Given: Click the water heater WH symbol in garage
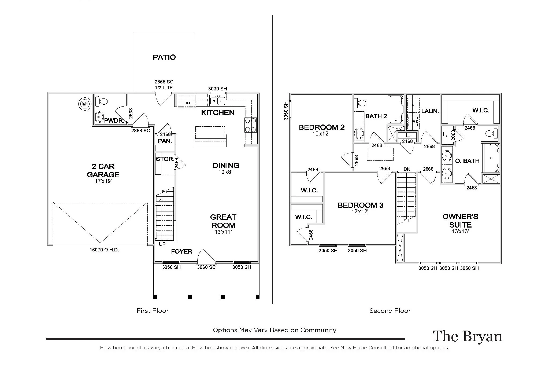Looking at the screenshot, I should pyautogui.click(x=85, y=104).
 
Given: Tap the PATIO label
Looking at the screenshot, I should pyautogui.click(x=164, y=57).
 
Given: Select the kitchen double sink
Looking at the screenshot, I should pyautogui.click(x=217, y=101).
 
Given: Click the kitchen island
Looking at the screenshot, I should pyautogui.click(x=210, y=136).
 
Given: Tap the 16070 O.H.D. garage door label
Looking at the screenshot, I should pyautogui.click(x=104, y=250).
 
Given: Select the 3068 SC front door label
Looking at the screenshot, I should pyautogui.click(x=206, y=267).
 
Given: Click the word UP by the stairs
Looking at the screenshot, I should pyautogui.click(x=162, y=244).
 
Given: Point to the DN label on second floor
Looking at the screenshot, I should pyautogui.click(x=407, y=169).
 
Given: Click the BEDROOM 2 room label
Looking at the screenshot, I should pyautogui.click(x=322, y=127).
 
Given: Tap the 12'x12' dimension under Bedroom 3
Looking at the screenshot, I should pyautogui.click(x=360, y=211).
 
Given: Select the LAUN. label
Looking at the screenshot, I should pyautogui.click(x=430, y=111).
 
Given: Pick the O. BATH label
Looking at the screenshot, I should pyautogui.click(x=467, y=161).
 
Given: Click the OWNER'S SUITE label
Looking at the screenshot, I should pyautogui.click(x=460, y=221).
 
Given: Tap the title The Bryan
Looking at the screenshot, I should pyautogui.click(x=467, y=336).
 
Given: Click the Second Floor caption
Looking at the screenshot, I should pyautogui.click(x=390, y=311).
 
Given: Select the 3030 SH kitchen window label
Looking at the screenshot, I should pyautogui.click(x=218, y=89).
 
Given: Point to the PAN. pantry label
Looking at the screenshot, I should pyautogui.click(x=165, y=141).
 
